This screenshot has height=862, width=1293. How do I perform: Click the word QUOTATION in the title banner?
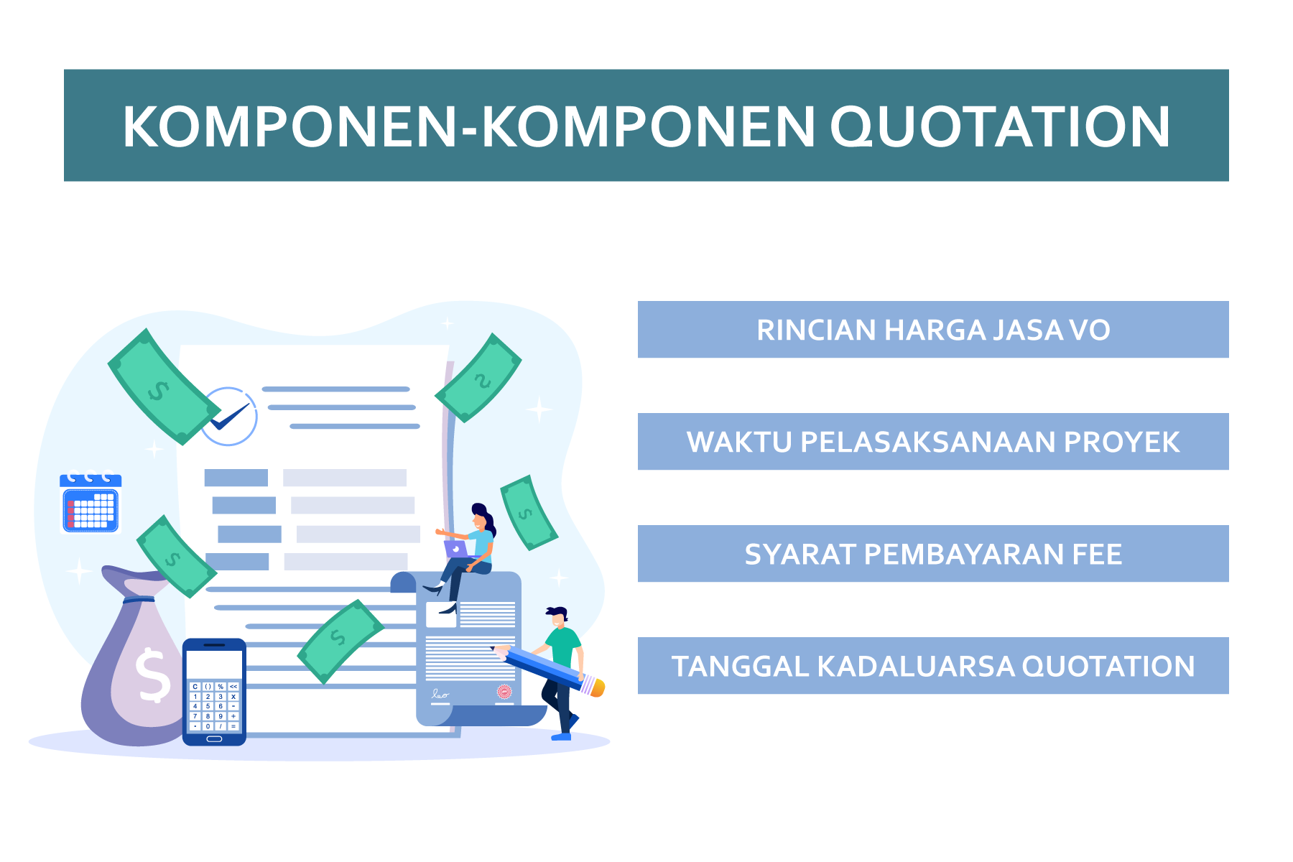pos(1001,127)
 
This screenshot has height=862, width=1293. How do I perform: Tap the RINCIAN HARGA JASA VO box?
pos(933,330)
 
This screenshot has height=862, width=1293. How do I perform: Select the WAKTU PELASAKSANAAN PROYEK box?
pos(933,442)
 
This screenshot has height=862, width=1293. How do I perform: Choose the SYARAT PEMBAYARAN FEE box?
pos(933,554)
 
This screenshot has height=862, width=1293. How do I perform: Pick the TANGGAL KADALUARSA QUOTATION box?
pos(933,666)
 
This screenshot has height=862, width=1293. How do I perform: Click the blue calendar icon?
pos(91,503)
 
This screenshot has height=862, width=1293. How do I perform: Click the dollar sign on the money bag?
pos(152,675)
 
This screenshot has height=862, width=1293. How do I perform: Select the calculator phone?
pos(214,692)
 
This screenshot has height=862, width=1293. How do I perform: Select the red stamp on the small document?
pos(504,692)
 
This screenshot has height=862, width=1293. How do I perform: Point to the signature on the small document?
pos(440,695)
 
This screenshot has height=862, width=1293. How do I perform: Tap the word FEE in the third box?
pos(1097,555)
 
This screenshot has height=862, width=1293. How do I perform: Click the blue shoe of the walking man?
pos(561,736)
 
